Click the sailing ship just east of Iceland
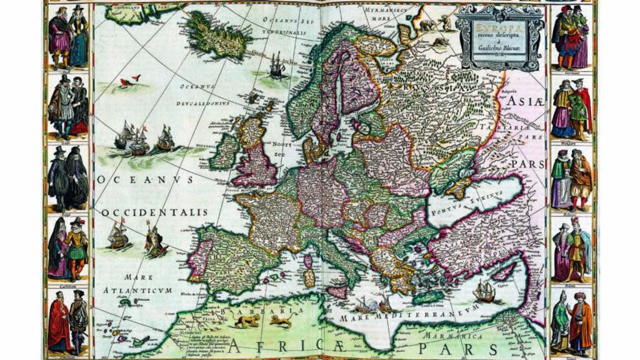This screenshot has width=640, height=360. [276, 64]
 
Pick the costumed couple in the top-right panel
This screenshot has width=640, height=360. [571, 36]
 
